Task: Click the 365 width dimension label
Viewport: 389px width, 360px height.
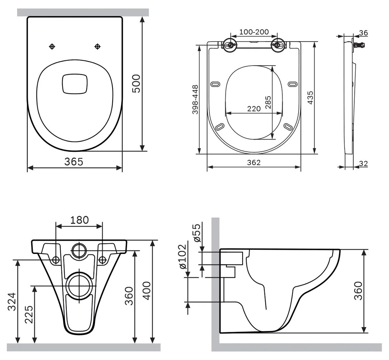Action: pos(73,162)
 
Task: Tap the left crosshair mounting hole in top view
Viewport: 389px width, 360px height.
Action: pos(52,47)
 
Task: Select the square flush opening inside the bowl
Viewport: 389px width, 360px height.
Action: pos(75,83)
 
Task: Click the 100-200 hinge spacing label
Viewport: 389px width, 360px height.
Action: pos(254,32)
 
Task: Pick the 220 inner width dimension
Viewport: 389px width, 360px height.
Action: pos(254,109)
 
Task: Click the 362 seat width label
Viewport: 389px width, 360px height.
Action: pos(254,162)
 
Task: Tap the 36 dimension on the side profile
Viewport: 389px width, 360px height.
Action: pos(363,33)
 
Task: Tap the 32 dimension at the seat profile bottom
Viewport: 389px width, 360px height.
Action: pos(363,164)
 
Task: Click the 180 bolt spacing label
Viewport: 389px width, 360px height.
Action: pos(79,220)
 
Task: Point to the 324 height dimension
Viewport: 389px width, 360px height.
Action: pos(13,302)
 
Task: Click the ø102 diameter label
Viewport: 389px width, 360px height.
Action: pos(183,256)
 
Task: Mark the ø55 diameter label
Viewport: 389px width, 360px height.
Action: pos(197,233)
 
